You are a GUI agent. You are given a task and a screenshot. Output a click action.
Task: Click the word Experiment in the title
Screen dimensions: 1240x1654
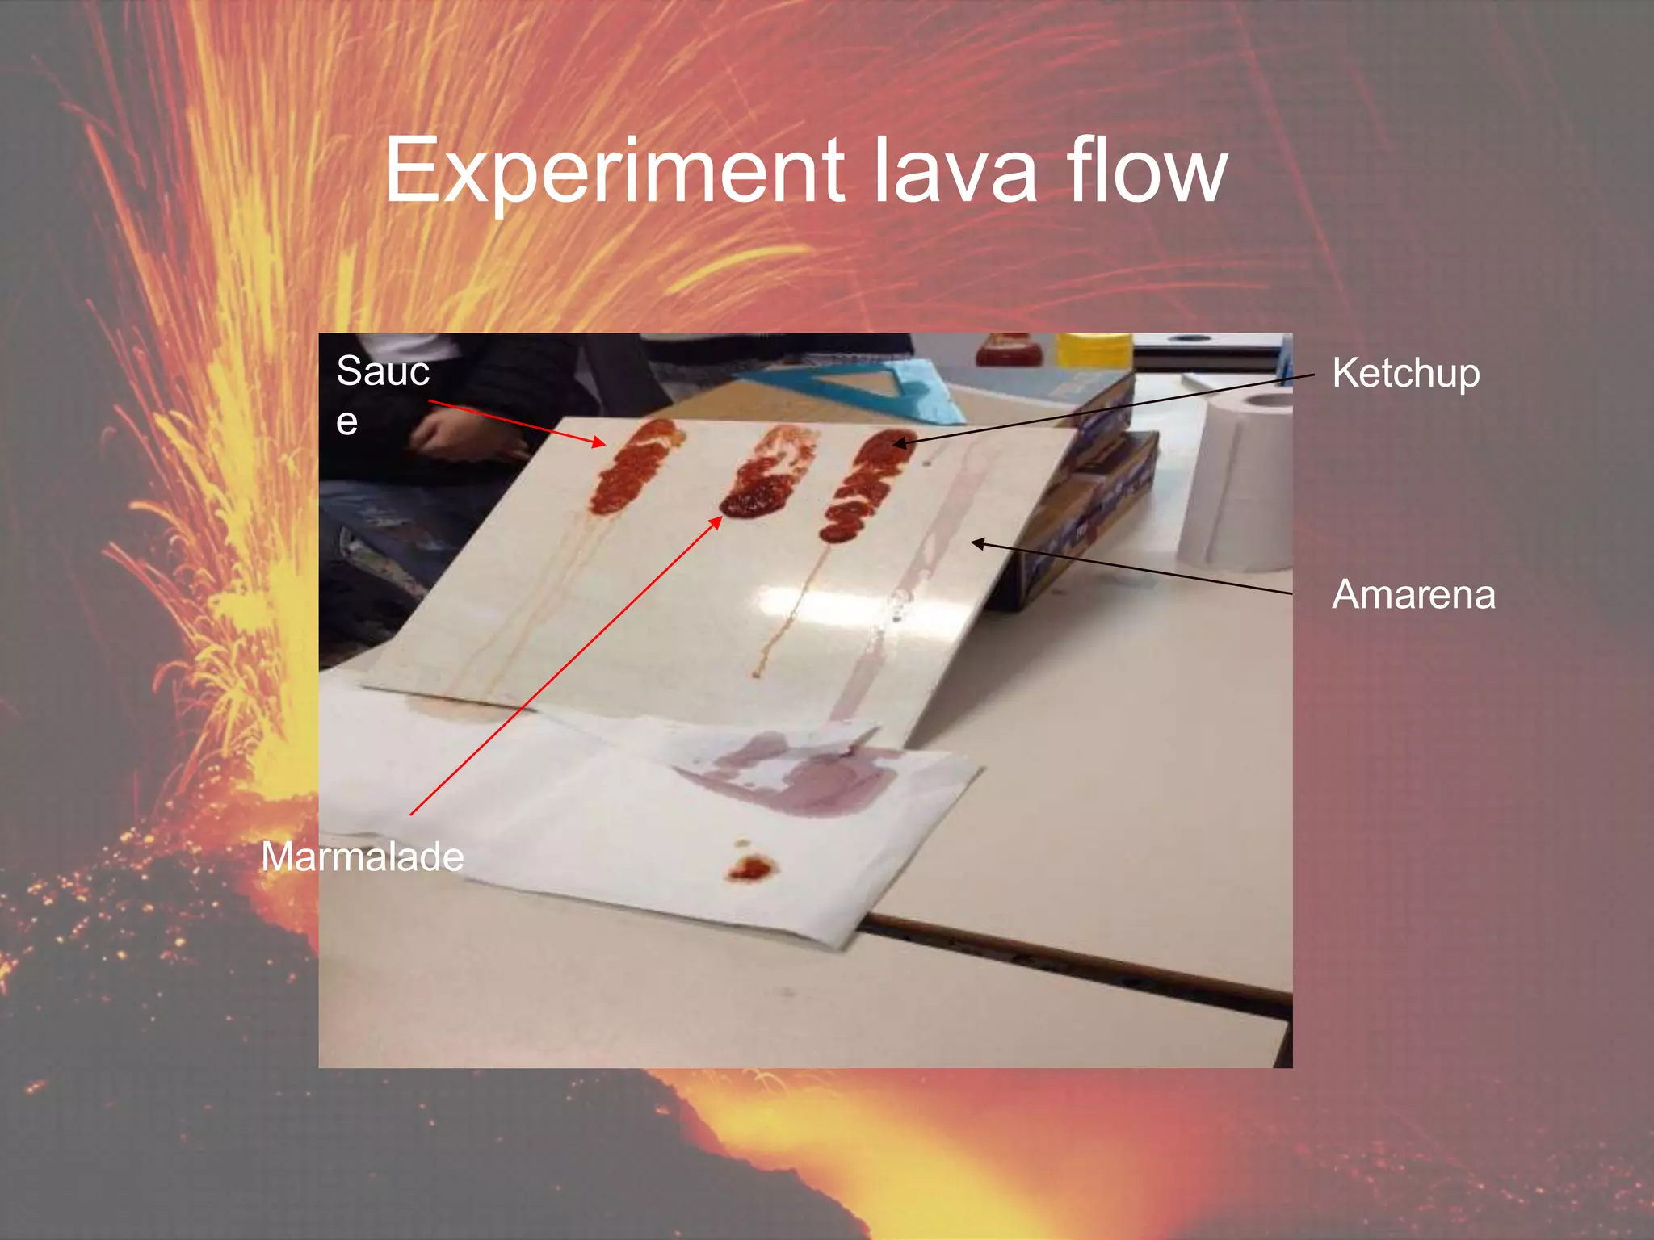click(614, 171)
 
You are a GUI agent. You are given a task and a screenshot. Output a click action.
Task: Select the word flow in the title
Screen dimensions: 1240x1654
click(1147, 171)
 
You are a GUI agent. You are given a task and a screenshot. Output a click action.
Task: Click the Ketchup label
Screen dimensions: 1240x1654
click(1405, 374)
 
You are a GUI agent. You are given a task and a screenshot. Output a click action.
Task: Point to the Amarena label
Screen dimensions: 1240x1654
click(1413, 595)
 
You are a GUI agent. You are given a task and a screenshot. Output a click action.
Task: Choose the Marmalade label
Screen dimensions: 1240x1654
click(362, 857)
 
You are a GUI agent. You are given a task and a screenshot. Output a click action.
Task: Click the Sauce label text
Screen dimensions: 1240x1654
click(382, 372)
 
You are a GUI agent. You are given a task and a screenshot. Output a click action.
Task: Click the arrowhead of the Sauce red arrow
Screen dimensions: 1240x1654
click(599, 442)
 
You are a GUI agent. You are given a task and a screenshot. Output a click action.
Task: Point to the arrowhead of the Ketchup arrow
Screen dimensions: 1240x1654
click(899, 443)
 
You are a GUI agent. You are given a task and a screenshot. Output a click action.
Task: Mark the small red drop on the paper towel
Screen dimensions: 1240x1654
click(751, 869)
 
